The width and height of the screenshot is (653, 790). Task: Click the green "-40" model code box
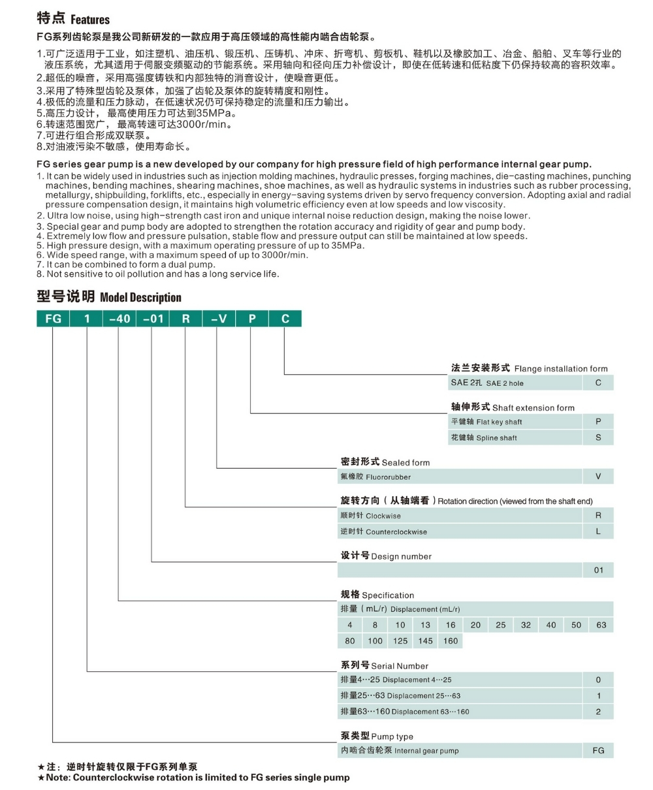click(x=118, y=319)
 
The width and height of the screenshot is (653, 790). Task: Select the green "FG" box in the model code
click(x=52, y=319)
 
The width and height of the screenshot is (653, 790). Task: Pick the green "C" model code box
click(x=284, y=319)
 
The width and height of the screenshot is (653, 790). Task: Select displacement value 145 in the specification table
click(x=425, y=641)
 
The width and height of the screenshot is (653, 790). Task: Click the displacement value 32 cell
click(x=526, y=625)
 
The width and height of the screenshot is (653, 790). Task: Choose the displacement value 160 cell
click(x=451, y=641)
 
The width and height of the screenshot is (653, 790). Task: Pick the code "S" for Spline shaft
click(x=598, y=437)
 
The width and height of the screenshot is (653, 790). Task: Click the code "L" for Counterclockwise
click(x=598, y=531)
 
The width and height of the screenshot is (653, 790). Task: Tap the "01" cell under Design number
click(x=598, y=571)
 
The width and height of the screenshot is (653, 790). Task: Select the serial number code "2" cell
click(x=598, y=712)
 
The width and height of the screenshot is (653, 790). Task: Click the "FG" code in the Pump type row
click(x=598, y=751)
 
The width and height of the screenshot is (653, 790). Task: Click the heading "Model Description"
click(x=140, y=298)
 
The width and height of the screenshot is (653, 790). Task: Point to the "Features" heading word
click(x=90, y=20)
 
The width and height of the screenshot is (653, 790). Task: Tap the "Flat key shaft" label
click(x=500, y=422)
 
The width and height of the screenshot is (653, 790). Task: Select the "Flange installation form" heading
click(x=561, y=369)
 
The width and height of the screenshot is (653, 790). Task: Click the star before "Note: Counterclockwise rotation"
click(x=41, y=778)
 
